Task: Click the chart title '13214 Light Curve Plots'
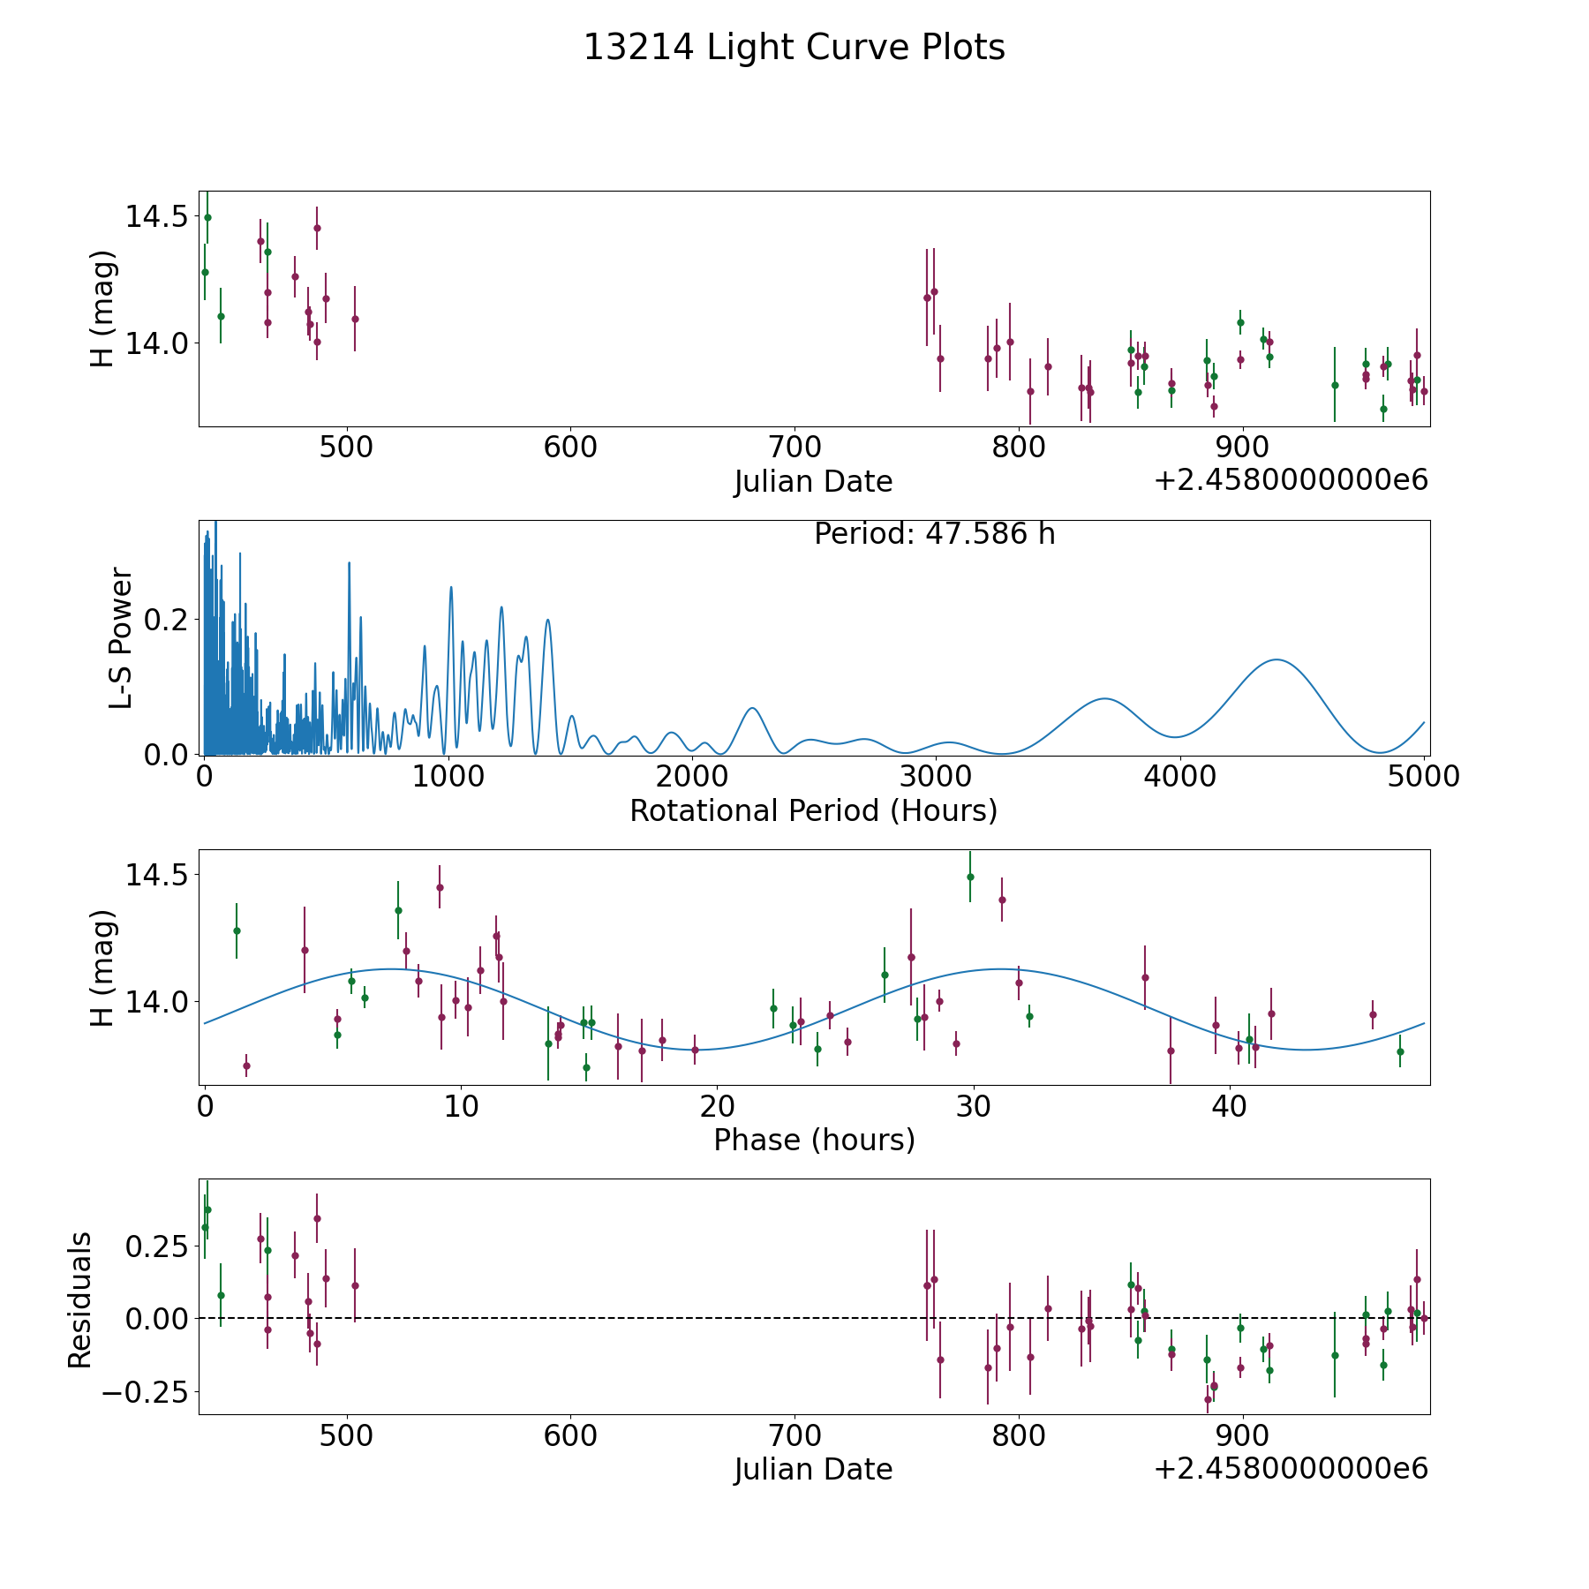(x=794, y=48)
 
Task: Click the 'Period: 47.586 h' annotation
(x=935, y=534)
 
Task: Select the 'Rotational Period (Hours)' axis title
(x=814, y=810)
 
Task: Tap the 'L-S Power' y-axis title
(x=121, y=638)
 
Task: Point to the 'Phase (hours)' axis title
(x=814, y=1140)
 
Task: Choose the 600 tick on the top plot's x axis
(x=570, y=447)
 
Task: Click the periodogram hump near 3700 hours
(x=1104, y=698)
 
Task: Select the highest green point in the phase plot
(x=970, y=877)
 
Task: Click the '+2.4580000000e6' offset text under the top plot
(x=1291, y=480)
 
